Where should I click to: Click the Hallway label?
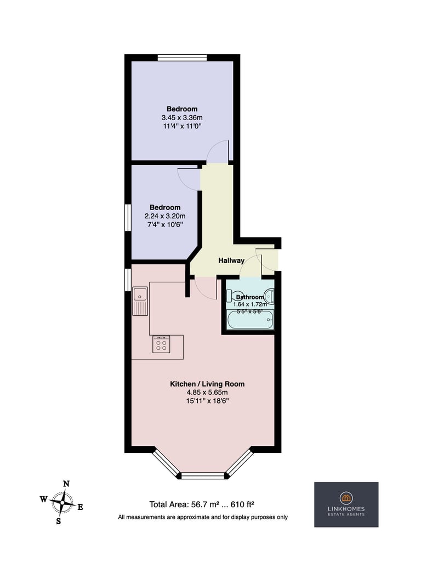(x=231, y=260)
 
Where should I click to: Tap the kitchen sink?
(x=140, y=302)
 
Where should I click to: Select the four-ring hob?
(x=161, y=344)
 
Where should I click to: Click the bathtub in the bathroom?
(x=251, y=320)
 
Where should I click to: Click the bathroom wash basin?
(x=269, y=296)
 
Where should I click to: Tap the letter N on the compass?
(x=66, y=484)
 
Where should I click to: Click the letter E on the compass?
(x=80, y=507)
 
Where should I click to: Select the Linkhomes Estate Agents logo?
(x=346, y=505)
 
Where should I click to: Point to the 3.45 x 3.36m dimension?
(x=182, y=118)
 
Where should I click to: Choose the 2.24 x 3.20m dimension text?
(x=165, y=216)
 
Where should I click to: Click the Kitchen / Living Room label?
(x=207, y=384)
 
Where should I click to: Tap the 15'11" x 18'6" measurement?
(x=207, y=401)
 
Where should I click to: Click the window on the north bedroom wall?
(x=182, y=58)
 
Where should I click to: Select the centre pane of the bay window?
(x=203, y=476)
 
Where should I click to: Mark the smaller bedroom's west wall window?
(x=128, y=218)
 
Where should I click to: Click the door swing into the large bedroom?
(x=218, y=152)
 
